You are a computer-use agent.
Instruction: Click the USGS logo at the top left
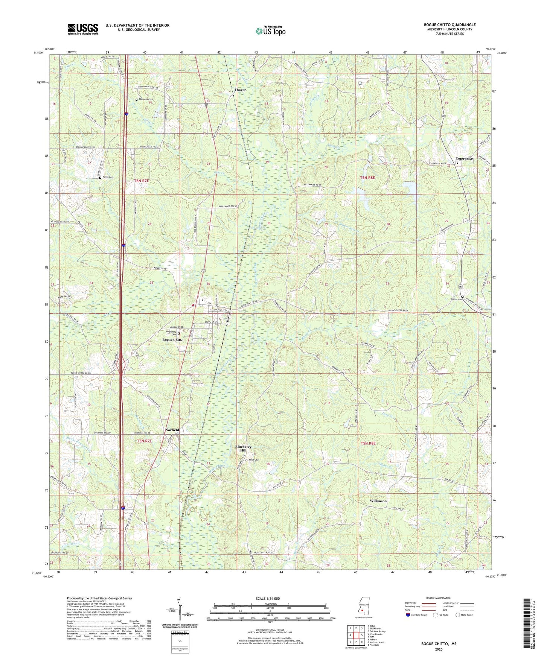83,29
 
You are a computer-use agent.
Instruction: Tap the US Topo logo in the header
270,31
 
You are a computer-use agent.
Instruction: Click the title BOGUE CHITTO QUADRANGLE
450,25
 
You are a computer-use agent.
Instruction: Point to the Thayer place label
240,90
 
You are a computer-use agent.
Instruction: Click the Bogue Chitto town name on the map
173,340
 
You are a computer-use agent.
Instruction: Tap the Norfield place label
172,430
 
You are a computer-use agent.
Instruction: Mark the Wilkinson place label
378,501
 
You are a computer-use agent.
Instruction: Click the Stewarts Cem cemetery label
146,99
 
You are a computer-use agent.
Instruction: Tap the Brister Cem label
456,300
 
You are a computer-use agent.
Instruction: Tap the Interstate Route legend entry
418,615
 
